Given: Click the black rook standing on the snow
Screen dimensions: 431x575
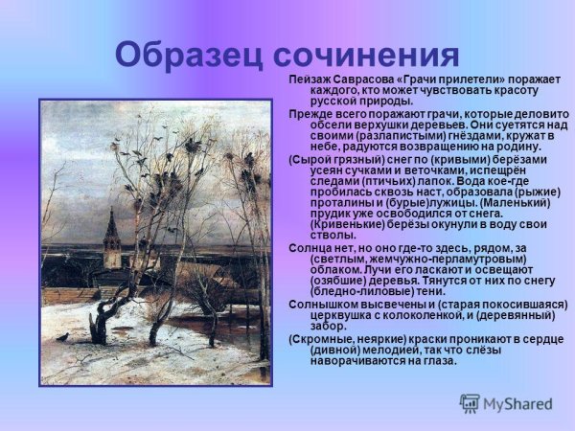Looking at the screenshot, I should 62,337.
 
